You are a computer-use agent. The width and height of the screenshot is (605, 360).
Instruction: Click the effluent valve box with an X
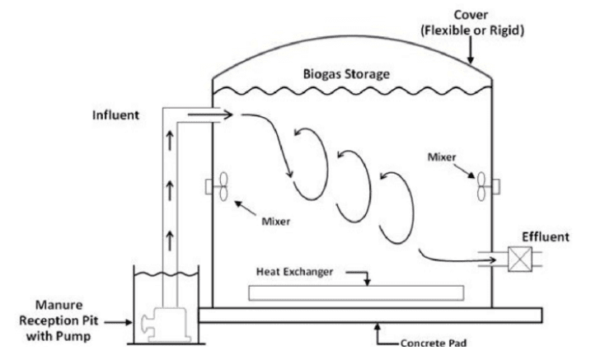519,260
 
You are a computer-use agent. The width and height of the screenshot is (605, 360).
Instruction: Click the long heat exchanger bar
354,292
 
